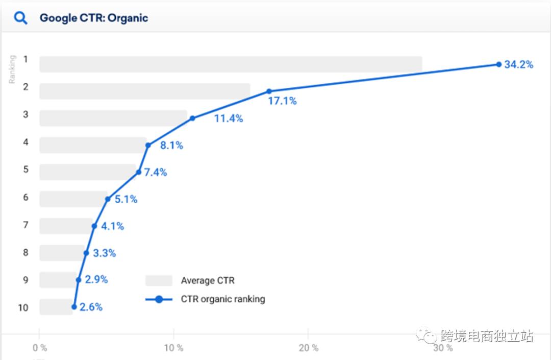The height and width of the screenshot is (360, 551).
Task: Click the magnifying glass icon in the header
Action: [x=20, y=18]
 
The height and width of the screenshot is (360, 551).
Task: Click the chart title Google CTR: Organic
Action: [x=94, y=18]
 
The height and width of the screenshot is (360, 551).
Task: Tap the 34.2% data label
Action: [x=518, y=65]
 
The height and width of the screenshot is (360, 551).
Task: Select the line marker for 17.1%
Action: [x=269, y=91]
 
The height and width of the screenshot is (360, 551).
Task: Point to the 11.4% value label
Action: [x=228, y=118]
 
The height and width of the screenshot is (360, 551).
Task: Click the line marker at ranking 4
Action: [x=148, y=145]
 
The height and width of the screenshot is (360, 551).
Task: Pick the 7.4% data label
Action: [x=155, y=173]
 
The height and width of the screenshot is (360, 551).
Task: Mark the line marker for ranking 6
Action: [x=108, y=199]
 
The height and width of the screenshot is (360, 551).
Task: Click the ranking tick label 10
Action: [x=22, y=307]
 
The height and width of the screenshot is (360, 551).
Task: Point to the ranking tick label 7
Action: [x=26, y=225]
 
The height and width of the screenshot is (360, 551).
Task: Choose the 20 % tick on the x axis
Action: [x=308, y=348]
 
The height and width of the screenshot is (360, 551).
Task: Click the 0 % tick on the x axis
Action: [x=40, y=348]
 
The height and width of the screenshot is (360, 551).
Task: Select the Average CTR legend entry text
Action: [x=208, y=280]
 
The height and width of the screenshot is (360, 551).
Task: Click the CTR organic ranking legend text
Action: [x=223, y=299]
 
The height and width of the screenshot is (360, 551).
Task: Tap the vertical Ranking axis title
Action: [x=12, y=69]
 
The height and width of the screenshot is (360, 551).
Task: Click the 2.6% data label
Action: [x=91, y=307]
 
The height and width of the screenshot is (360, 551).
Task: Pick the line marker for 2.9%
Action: [x=79, y=280]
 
